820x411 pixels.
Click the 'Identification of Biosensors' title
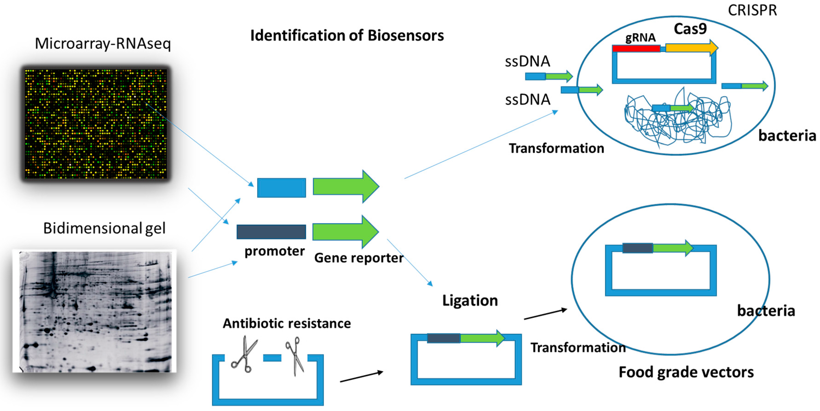point(347,35)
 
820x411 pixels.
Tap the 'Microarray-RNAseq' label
point(103,44)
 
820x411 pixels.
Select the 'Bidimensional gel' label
point(104,228)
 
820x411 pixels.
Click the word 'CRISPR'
point(752,11)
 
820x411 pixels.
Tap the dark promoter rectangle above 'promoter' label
point(271,232)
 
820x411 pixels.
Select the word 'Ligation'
point(470,301)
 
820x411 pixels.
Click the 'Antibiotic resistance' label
point(286,324)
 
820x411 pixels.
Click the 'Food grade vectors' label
point(686,372)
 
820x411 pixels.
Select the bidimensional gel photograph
point(95,311)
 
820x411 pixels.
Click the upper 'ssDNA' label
point(528,61)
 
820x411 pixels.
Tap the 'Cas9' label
point(690,29)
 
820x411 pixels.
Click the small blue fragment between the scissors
point(272,358)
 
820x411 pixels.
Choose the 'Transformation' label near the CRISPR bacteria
point(556,148)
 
